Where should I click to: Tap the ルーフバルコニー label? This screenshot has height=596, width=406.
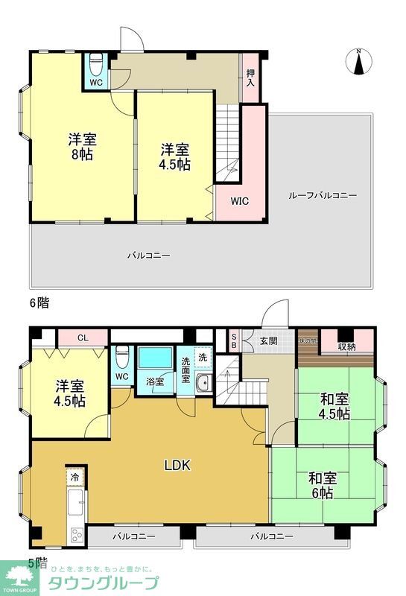(x=323, y=195)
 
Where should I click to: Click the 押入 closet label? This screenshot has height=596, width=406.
(x=250, y=77)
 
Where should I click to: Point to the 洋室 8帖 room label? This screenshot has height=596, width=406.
(x=83, y=148)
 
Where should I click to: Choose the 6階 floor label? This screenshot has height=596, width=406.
(x=39, y=303)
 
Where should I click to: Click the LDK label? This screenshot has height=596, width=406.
(x=178, y=466)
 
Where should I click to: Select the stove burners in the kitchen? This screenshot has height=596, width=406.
(x=77, y=535)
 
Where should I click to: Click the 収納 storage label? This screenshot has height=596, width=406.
(x=346, y=345)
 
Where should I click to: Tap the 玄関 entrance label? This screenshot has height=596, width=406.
(x=268, y=340)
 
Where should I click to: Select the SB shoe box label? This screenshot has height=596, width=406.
(x=234, y=340)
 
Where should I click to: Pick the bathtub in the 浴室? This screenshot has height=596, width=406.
(x=156, y=358)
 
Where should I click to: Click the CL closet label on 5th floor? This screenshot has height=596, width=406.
(x=82, y=337)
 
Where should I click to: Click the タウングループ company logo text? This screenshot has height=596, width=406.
(x=104, y=583)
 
